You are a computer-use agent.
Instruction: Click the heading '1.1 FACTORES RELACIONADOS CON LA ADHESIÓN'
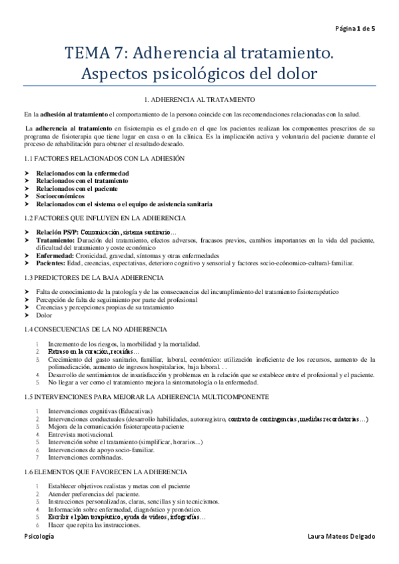[x=104, y=159]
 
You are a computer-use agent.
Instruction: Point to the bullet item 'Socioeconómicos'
[x=61, y=196]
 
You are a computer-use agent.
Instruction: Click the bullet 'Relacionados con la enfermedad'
[x=83, y=173]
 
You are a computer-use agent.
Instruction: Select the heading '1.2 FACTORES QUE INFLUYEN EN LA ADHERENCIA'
[x=105, y=218]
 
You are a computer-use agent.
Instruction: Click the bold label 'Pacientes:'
[x=52, y=263]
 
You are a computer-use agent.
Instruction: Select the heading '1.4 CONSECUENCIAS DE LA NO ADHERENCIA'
[x=96, y=330]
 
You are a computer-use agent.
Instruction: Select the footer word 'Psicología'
[x=39, y=536]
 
